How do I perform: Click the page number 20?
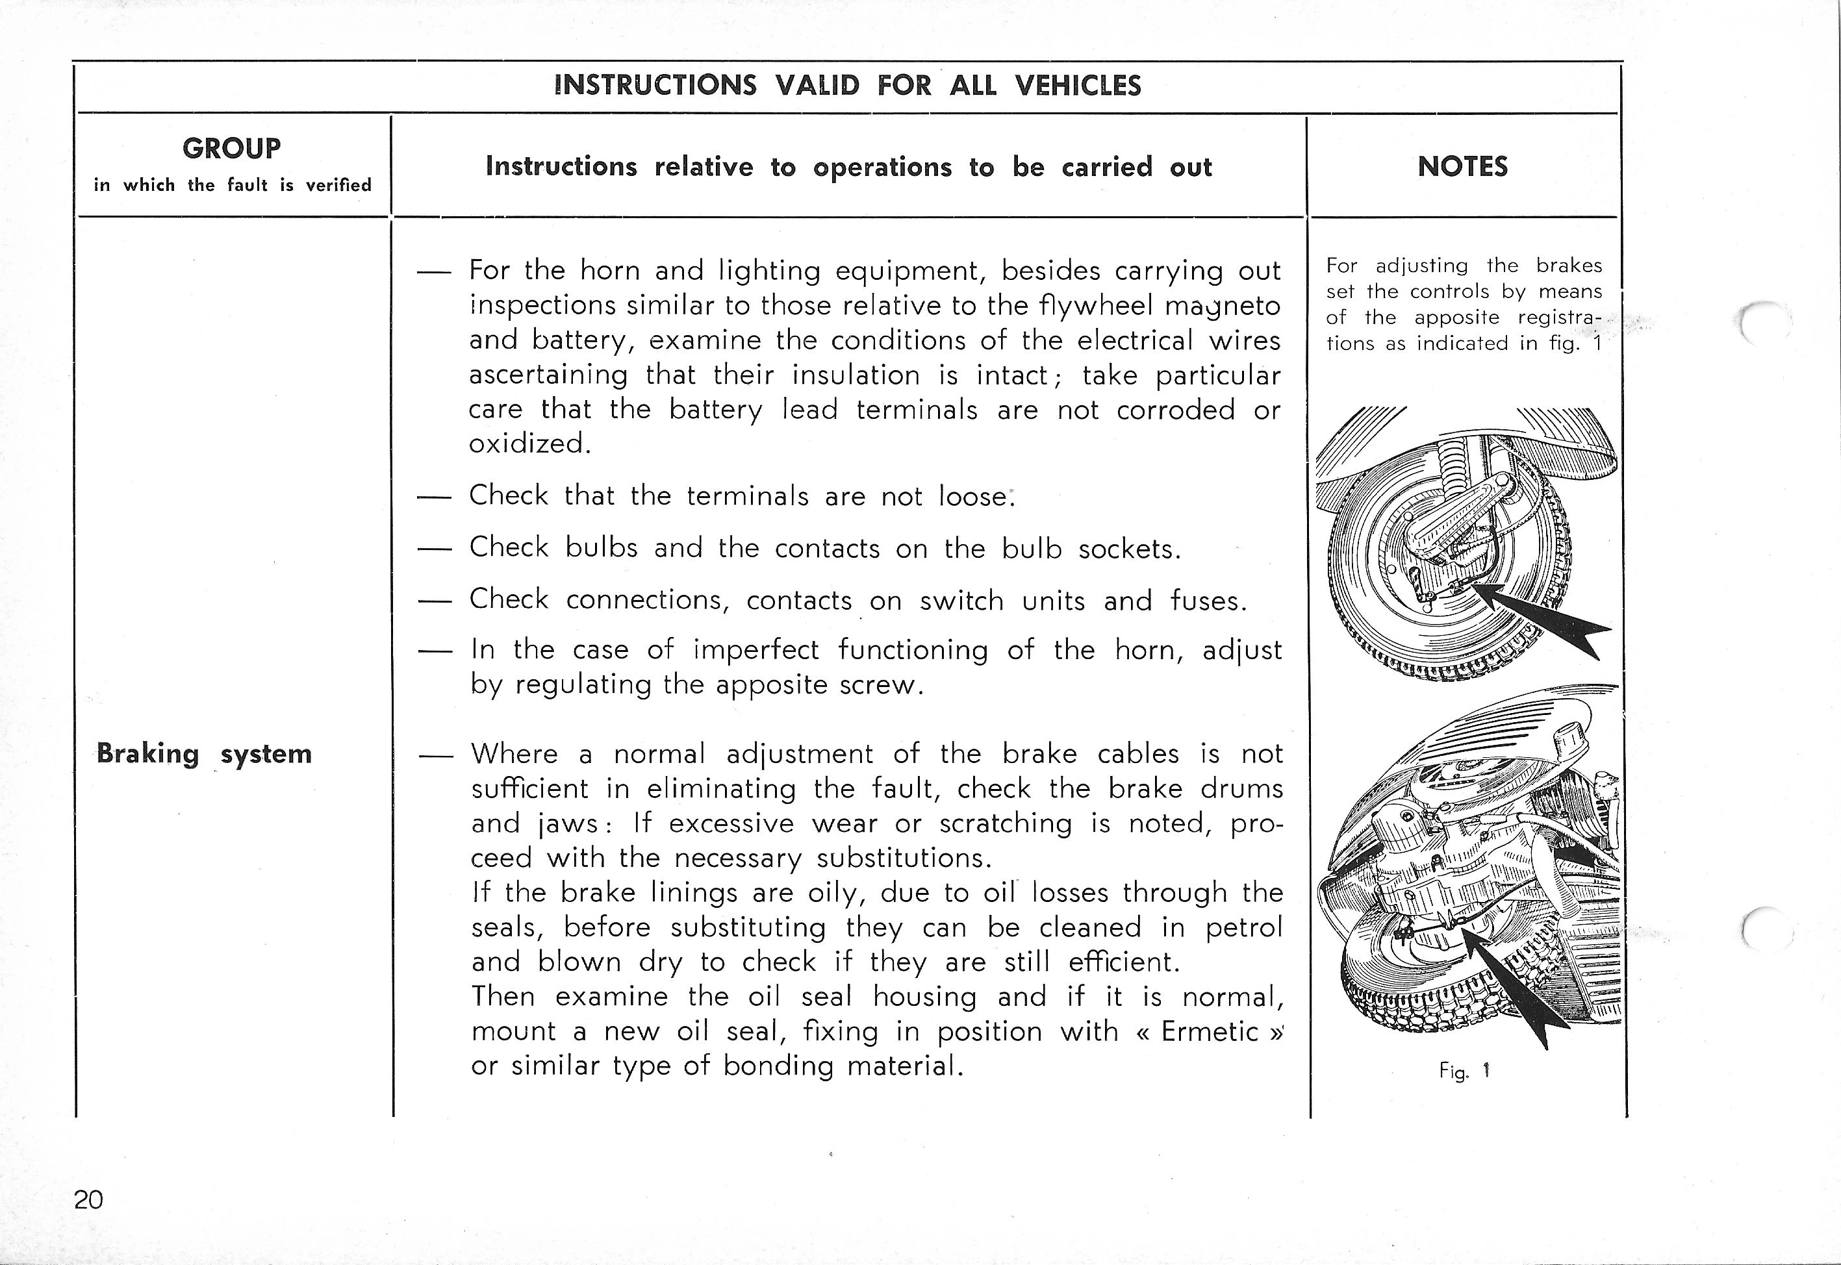point(89,1199)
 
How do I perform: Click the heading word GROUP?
point(231,148)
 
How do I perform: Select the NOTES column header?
point(1462,166)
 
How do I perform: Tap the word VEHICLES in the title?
point(1078,85)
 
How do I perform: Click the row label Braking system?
point(204,754)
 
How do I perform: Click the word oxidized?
point(529,443)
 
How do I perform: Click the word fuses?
point(1208,601)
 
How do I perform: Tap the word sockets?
point(1129,549)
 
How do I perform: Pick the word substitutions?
point(904,858)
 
